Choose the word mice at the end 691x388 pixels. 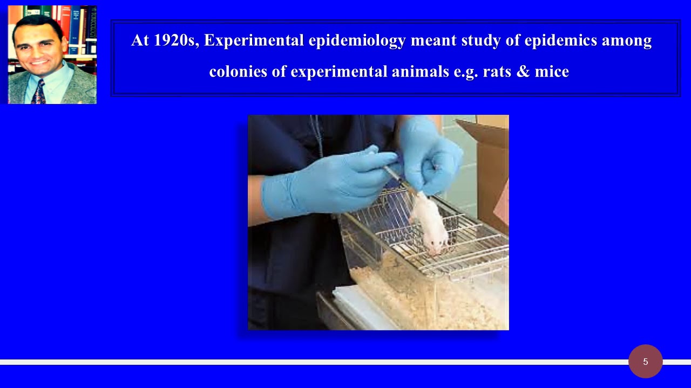(552, 72)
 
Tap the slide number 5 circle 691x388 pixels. (645, 362)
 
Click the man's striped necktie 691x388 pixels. (38, 93)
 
